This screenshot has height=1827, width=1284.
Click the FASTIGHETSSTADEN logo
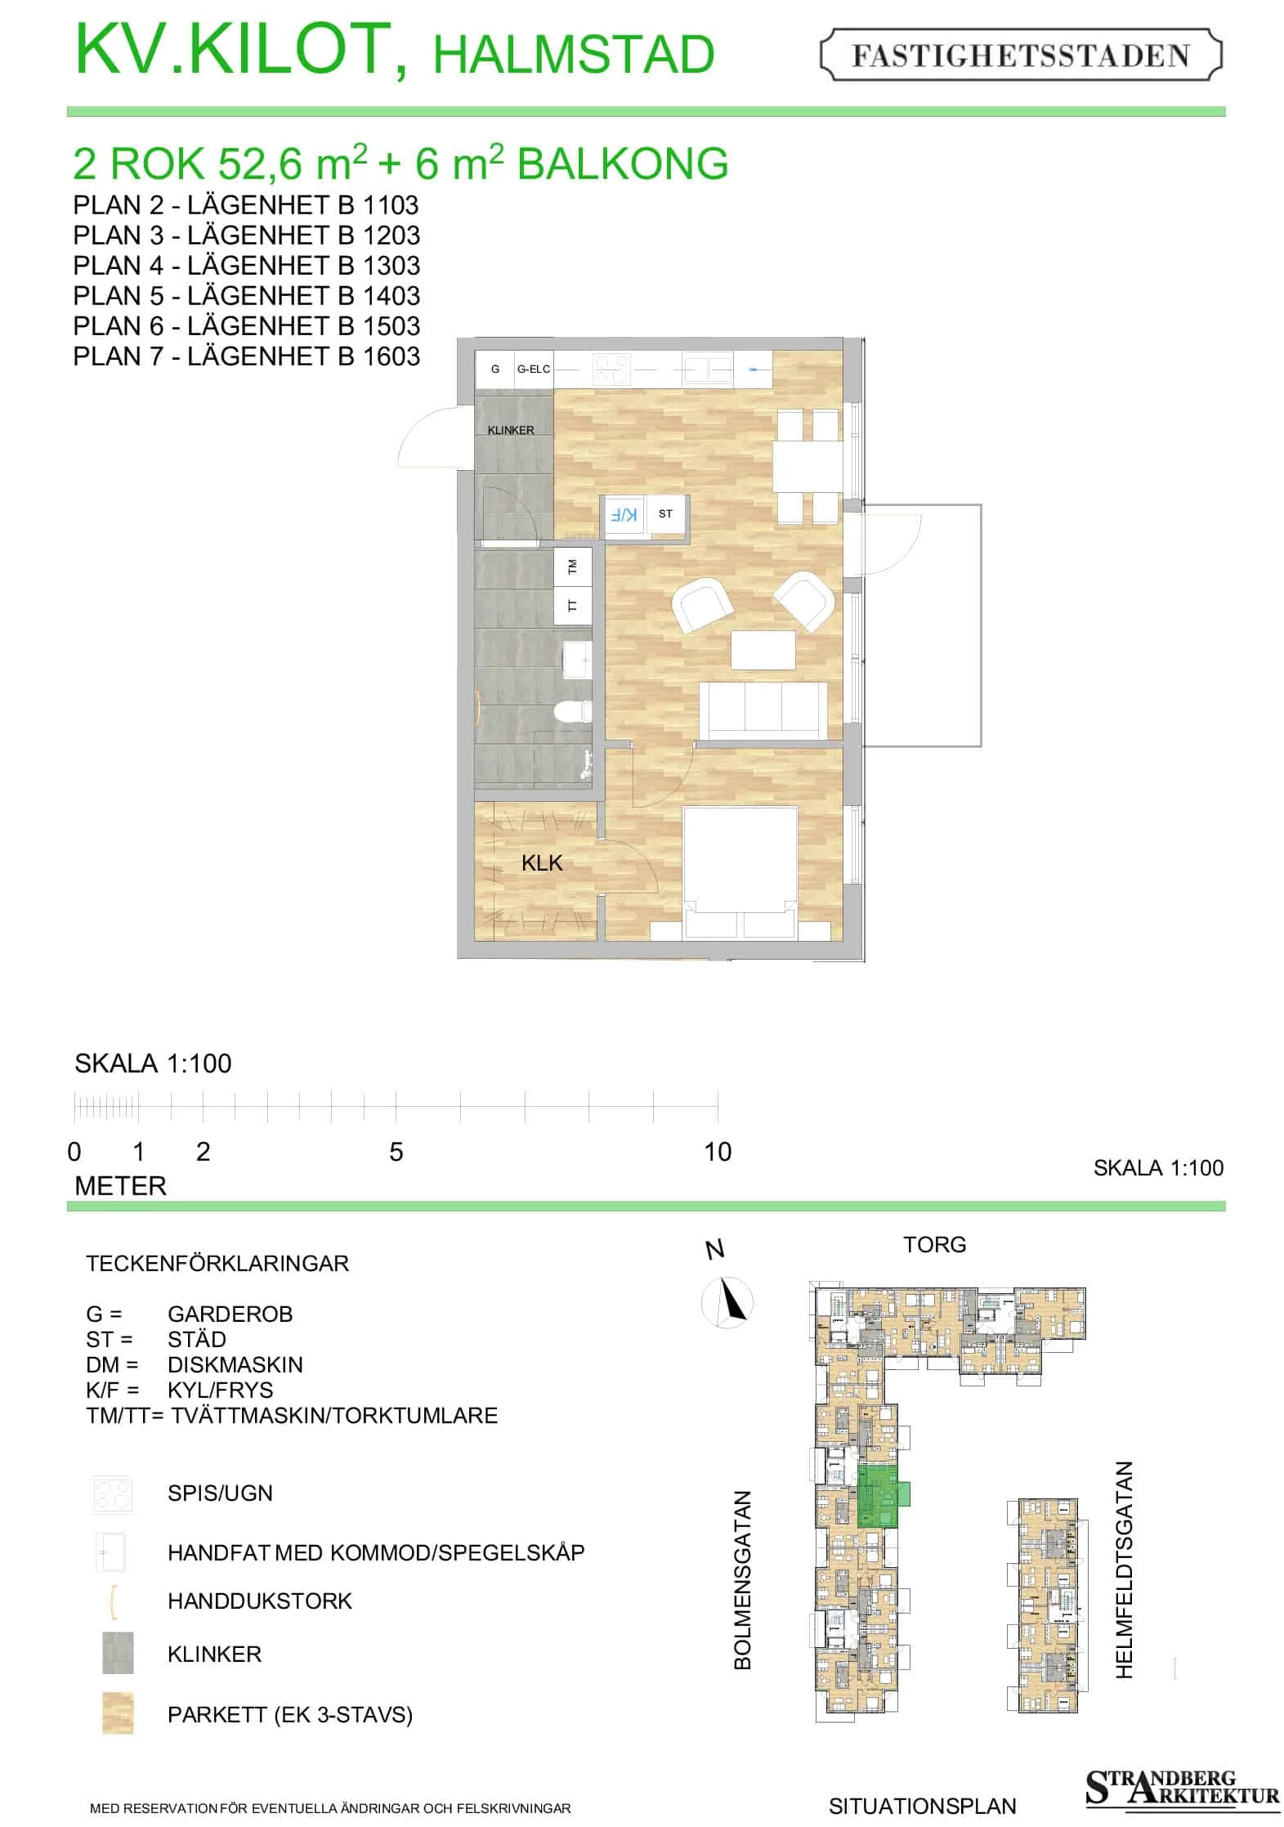pos(1021,56)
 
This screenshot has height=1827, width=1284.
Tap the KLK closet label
pos(542,862)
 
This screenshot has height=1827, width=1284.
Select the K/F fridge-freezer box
pos(624,515)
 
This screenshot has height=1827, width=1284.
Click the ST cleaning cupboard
pos(665,515)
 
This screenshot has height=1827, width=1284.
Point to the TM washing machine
pos(573,566)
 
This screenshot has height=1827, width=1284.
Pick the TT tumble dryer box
pos(573,605)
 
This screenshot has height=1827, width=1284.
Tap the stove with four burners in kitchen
pos(611,369)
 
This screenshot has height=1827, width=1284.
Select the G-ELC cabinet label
pos(533,369)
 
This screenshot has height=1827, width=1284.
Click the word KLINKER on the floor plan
pos(511,430)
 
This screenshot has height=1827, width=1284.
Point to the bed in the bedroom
pos(740,871)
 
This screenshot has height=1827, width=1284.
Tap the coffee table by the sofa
pos(763,650)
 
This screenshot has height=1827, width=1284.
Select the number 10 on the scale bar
pos(718,1152)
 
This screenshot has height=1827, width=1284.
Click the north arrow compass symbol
pos(728,1302)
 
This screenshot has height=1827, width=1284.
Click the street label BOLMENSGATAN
pos(742,1579)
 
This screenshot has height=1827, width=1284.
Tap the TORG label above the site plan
pos(934,1244)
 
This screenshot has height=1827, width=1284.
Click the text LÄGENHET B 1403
pos(304,295)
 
